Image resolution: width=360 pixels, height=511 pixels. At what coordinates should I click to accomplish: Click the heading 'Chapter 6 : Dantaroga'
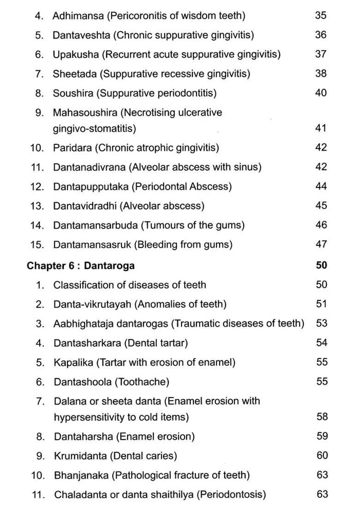pyautogui.click(x=81, y=266)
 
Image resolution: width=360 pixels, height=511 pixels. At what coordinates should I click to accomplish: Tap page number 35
pyautogui.click(x=321, y=15)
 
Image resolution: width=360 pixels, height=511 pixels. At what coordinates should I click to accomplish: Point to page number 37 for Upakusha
pyautogui.click(x=321, y=54)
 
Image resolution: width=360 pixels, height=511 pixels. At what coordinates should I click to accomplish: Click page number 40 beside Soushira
pyautogui.click(x=321, y=93)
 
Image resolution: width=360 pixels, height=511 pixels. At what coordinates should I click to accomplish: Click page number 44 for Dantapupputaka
pyautogui.click(x=321, y=186)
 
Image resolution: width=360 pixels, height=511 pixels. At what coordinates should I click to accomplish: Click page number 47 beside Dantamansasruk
pyautogui.click(x=321, y=244)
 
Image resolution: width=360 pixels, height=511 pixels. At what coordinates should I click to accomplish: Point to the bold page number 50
pyautogui.click(x=322, y=265)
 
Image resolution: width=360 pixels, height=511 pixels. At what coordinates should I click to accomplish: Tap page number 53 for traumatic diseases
pyautogui.click(x=322, y=323)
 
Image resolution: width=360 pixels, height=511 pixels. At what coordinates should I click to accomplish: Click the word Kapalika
pyautogui.click(x=73, y=362)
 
